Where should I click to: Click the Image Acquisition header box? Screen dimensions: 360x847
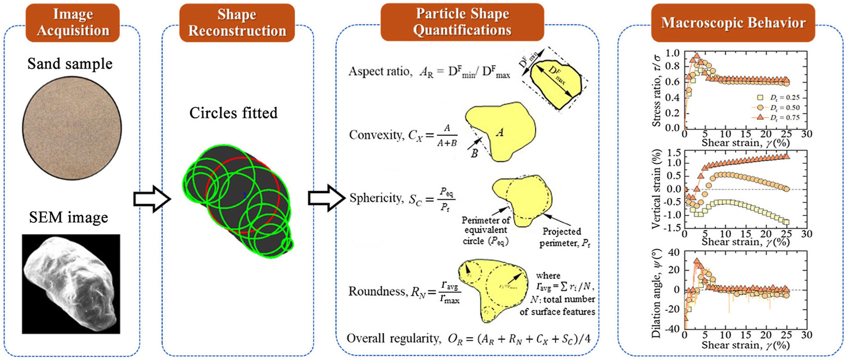[73, 23]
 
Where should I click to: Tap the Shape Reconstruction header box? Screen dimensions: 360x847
[237, 23]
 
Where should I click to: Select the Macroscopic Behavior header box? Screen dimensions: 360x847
[733, 23]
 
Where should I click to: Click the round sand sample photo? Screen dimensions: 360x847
[72, 128]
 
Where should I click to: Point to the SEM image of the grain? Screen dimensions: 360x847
[71, 284]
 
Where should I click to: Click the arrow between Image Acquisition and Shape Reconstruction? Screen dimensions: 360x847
[152, 199]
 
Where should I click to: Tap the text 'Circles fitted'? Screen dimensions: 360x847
[233, 113]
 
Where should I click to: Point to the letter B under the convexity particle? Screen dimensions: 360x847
[474, 154]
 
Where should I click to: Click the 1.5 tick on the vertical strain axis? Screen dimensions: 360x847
[674, 153]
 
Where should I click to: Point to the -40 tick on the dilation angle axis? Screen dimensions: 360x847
[673, 328]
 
